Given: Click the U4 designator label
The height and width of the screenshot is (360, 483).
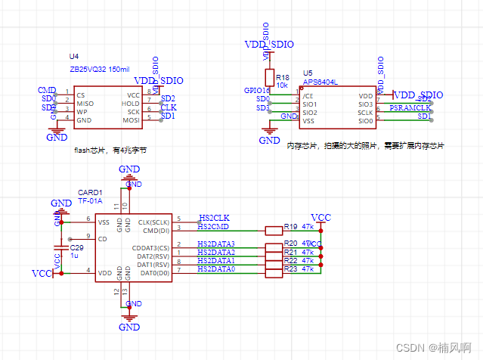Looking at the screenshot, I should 73,57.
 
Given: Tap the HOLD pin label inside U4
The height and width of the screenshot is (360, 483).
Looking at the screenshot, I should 131,103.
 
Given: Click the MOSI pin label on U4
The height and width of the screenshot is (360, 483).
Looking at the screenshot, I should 131,119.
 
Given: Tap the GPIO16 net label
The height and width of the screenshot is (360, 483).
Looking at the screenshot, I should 257,91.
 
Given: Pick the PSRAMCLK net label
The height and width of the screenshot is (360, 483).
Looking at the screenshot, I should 410,108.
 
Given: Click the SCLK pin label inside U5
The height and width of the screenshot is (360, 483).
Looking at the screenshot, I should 364,113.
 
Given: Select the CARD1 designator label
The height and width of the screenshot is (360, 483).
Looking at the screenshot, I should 89,193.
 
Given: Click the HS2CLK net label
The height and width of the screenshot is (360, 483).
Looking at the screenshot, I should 213,218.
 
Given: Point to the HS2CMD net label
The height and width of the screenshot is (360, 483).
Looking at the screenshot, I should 213,226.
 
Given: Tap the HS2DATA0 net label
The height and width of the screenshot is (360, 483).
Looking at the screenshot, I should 216,269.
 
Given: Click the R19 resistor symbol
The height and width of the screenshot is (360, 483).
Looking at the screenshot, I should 273,230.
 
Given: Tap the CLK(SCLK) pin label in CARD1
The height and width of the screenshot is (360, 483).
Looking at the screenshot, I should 154,222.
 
